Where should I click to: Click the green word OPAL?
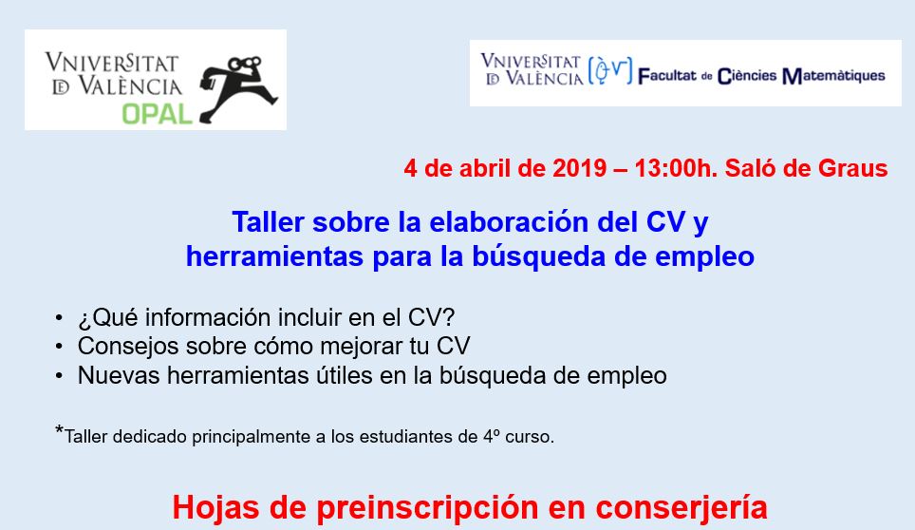157,114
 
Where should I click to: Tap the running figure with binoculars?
238,88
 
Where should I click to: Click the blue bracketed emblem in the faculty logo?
609,71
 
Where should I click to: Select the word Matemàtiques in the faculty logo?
833,76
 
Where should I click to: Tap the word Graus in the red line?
852,168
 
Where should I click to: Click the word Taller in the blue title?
269,222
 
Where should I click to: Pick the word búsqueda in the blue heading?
538,256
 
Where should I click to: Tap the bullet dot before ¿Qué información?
58,318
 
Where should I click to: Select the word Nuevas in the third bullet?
119,375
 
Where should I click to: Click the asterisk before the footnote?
59,431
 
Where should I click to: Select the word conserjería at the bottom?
681,508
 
